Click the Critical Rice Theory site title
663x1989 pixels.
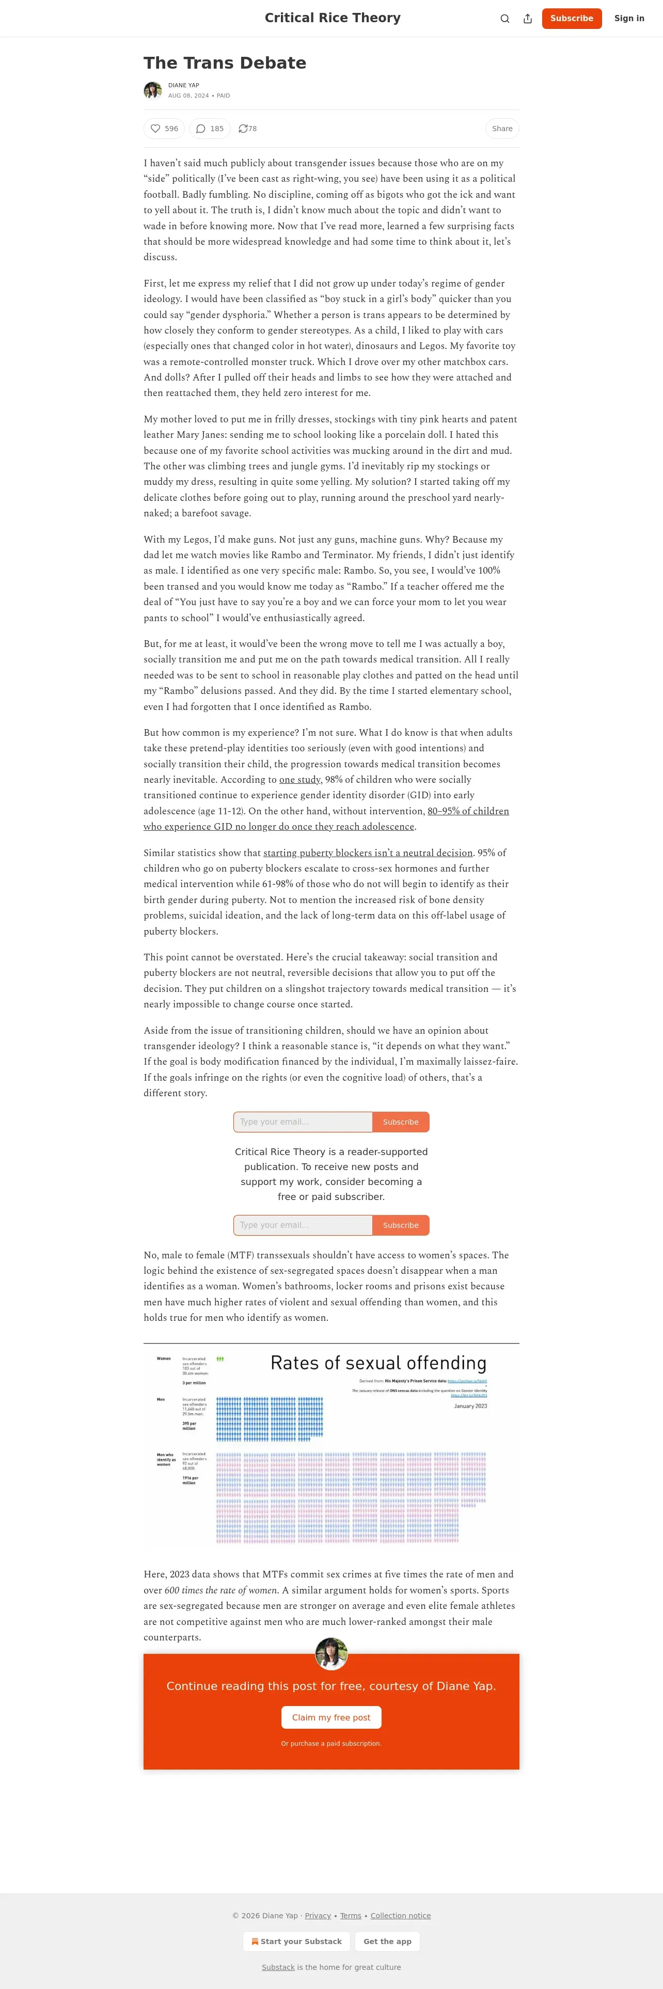coord(332,18)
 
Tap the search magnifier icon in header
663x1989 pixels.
coord(505,19)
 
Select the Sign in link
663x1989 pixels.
coord(629,19)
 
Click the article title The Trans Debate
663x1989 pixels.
coord(225,64)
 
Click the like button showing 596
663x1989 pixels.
coord(164,129)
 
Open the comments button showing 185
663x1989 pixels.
coord(209,129)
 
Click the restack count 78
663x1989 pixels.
coord(248,129)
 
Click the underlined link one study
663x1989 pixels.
coord(299,780)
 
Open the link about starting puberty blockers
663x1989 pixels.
coord(368,853)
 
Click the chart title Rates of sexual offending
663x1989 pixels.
coord(378,1363)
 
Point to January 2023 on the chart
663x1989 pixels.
coord(470,1406)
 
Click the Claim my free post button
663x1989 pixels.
coord(331,1717)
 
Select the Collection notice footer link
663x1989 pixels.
coord(401,1916)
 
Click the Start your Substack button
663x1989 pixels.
coord(296,1941)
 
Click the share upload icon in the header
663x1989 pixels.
coord(528,19)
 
